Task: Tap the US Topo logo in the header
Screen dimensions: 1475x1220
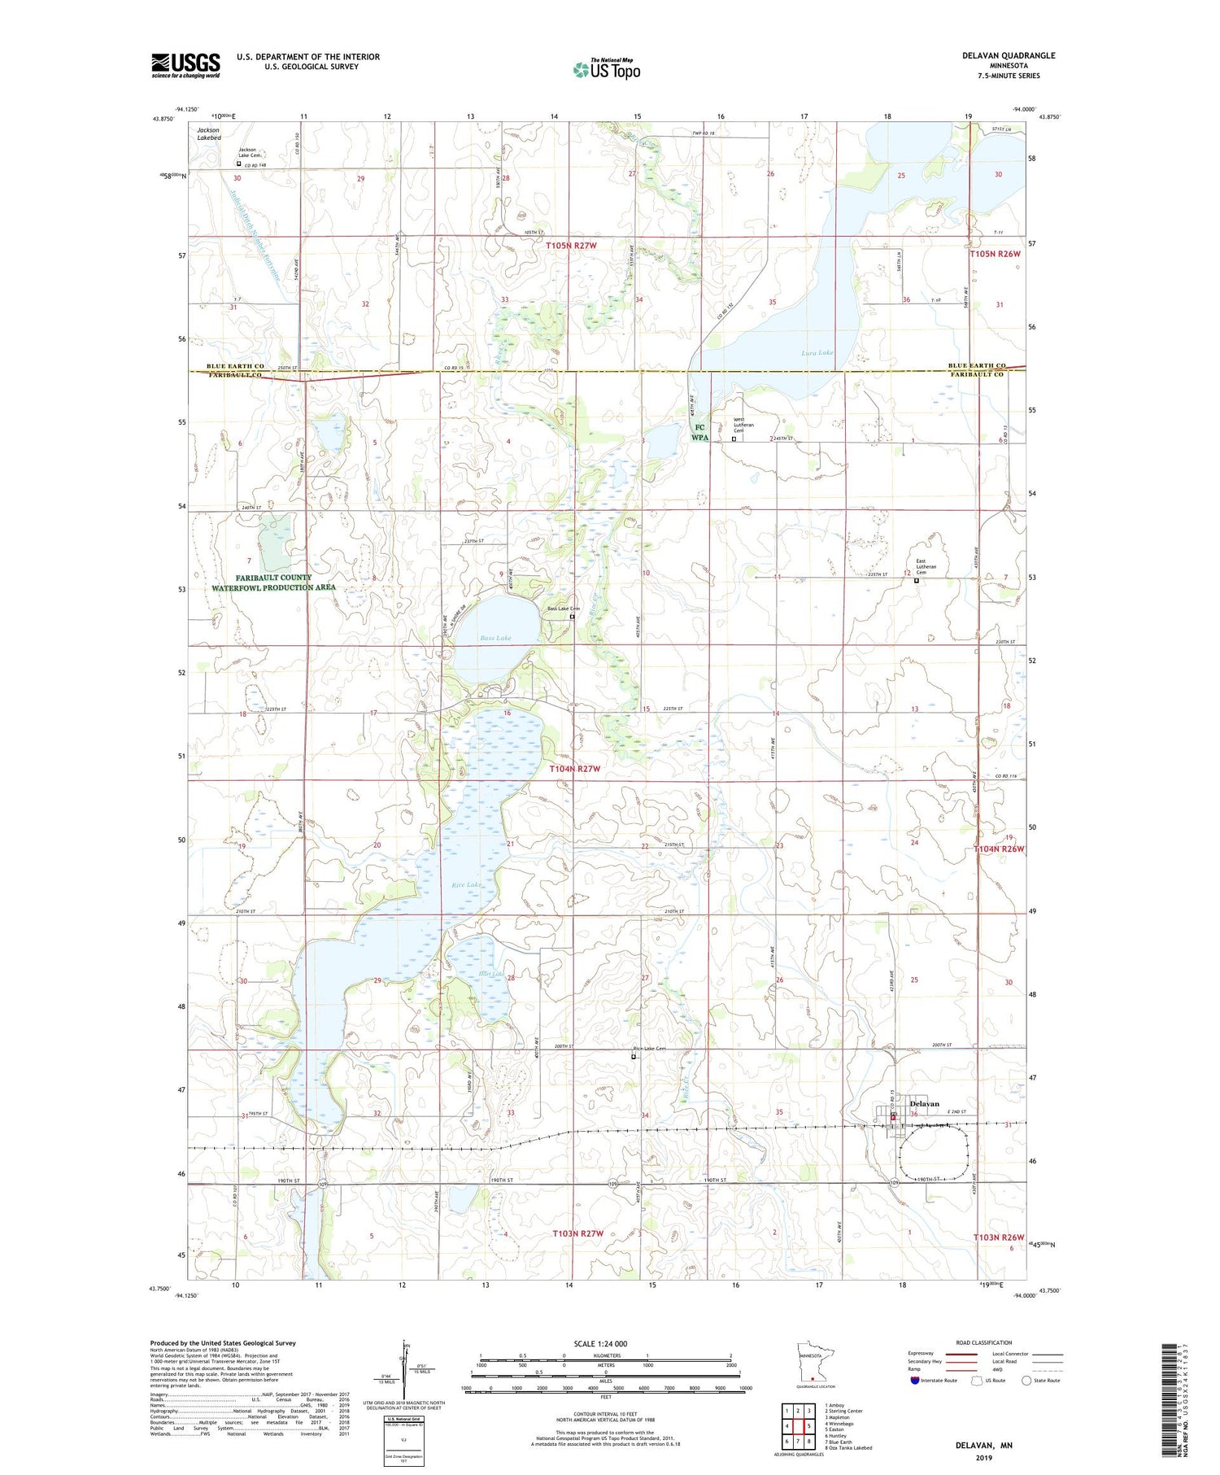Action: point(606,70)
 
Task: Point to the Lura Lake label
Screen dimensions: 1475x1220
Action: point(817,353)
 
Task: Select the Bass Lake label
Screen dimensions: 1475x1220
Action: point(495,638)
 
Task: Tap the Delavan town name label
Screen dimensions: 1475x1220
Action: point(924,1104)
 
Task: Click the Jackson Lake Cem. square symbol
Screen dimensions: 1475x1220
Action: point(239,163)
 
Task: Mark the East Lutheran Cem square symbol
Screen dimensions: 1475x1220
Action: point(917,581)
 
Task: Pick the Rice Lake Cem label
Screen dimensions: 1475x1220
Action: point(650,1049)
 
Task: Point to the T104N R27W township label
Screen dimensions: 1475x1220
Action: point(574,769)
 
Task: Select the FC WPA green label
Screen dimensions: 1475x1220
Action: point(699,432)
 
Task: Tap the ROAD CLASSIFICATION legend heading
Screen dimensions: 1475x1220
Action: point(984,1342)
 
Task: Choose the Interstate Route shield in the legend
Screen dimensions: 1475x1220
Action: point(915,1381)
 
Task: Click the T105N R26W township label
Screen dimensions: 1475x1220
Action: point(994,254)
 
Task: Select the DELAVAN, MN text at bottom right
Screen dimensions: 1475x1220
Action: point(984,1446)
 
